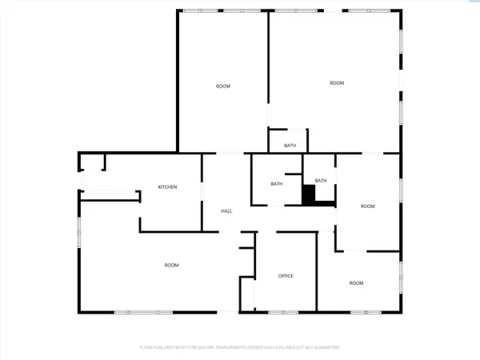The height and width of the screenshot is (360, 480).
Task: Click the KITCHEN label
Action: click(x=166, y=186)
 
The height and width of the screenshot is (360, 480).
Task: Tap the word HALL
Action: click(x=226, y=210)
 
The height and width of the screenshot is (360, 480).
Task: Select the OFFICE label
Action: click(x=286, y=275)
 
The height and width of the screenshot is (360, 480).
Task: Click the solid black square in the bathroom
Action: click(x=309, y=194)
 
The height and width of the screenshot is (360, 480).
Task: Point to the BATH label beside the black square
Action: click(x=321, y=181)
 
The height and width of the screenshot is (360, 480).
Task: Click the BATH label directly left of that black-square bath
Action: click(x=276, y=184)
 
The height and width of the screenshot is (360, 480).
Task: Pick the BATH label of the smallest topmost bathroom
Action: click(x=290, y=146)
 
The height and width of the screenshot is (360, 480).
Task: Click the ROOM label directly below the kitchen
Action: click(x=171, y=265)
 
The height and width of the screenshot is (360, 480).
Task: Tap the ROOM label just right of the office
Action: click(x=356, y=282)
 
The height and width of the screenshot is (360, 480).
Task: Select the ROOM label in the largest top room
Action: click(x=337, y=82)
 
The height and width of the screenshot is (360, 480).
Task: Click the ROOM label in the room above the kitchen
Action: click(x=222, y=86)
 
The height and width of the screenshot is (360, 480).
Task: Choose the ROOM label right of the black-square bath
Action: click(x=367, y=206)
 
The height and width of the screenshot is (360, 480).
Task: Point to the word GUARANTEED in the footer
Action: click(x=323, y=347)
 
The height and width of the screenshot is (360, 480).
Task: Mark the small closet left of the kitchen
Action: click(x=92, y=162)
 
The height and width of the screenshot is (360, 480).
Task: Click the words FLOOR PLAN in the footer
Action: click(x=150, y=347)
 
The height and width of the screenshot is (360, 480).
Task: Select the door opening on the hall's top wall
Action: click(x=230, y=153)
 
